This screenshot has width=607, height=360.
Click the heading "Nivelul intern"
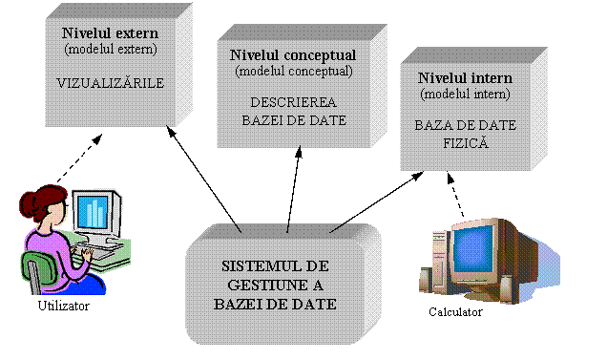[x=465, y=77]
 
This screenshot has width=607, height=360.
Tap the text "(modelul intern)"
[x=465, y=94]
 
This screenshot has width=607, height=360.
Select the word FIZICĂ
[x=465, y=142]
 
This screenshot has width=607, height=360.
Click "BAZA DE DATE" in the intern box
[x=465, y=125]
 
